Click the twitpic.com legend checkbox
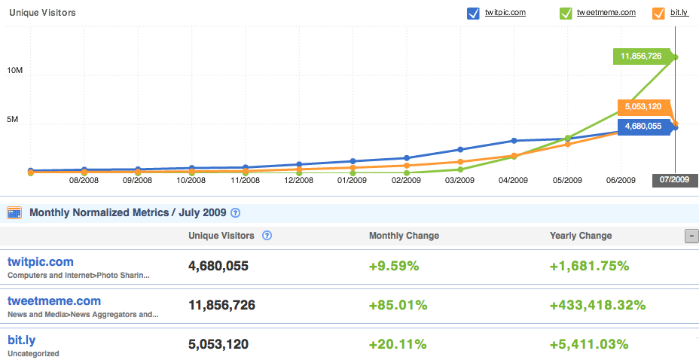tap(473, 13)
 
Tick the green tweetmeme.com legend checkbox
tap(566, 13)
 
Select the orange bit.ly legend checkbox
tap(658, 13)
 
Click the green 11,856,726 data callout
tap(641, 56)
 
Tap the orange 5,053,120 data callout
tap(643, 107)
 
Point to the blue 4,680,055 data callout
tap(643, 127)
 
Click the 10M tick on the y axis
tap(15, 70)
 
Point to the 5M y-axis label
tap(17, 121)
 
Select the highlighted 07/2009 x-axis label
tap(675, 180)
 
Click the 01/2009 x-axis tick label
tap(352, 181)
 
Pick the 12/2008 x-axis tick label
tap(298, 181)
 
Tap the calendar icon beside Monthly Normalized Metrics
tap(14, 213)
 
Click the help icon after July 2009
tap(235, 213)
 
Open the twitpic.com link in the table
tap(40, 262)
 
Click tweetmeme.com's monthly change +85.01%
tap(398, 305)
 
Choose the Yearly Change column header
tap(581, 236)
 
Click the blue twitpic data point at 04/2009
tap(514, 141)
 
